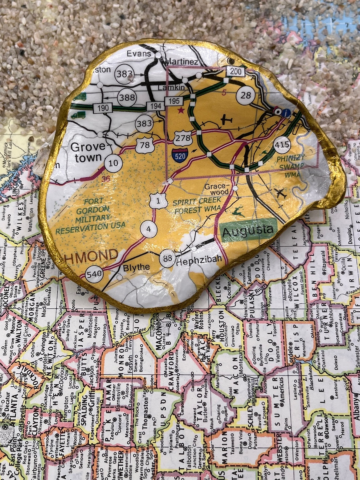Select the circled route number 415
coord(282,145)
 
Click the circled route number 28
coord(245,95)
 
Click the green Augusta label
coord(248,230)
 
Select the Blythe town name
coord(136,267)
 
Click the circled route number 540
coord(94,275)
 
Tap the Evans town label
coord(139,54)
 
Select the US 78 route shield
coord(145,145)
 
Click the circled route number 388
coord(127,97)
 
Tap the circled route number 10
coord(113,163)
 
